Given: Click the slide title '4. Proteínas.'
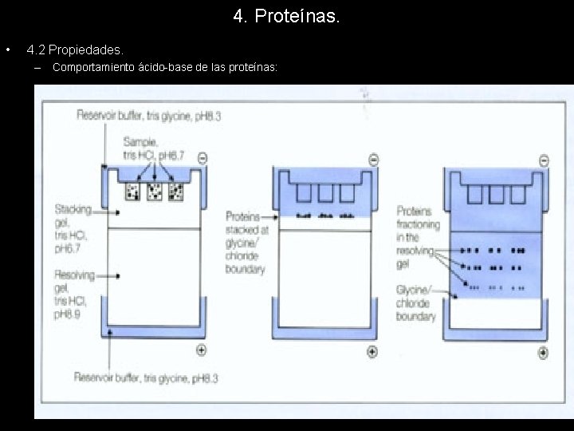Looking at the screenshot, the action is [286, 16].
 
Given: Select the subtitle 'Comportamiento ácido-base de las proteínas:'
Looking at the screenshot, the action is [164, 68].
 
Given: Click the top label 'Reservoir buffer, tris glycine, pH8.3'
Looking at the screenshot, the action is [148, 116].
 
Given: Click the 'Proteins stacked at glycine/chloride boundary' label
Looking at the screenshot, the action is [246, 243].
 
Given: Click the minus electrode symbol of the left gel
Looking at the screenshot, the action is [202, 159].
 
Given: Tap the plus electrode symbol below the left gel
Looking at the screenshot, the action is [201, 350].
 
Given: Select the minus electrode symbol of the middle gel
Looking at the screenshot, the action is [373, 160].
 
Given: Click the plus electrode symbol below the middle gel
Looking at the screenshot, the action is [372, 351].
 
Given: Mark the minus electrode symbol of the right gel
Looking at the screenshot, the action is [544, 160].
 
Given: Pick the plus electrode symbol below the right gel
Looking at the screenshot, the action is [543, 353].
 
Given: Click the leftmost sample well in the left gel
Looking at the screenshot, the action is [132, 192].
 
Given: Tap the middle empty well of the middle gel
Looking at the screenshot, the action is [324, 193].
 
